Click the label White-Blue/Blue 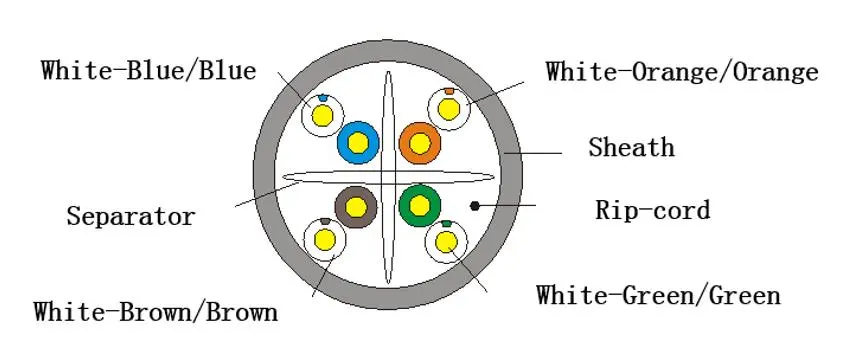[148, 70]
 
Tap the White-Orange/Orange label [682, 72]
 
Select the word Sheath [631, 147]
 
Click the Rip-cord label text [652, 210]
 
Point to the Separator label [130, 216]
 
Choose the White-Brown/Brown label [156, 312]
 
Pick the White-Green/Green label [658, 295]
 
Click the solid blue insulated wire [358, 143]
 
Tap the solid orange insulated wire [420, 143]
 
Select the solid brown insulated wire [355, 206]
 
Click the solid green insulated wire [420, 205]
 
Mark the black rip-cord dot [475, 206]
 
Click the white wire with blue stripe [323, 115]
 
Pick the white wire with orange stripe [449, 109]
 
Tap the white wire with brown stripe [325, 239]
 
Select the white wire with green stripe [447, 241]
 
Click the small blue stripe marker [323, 98]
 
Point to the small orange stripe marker [449, 91]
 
